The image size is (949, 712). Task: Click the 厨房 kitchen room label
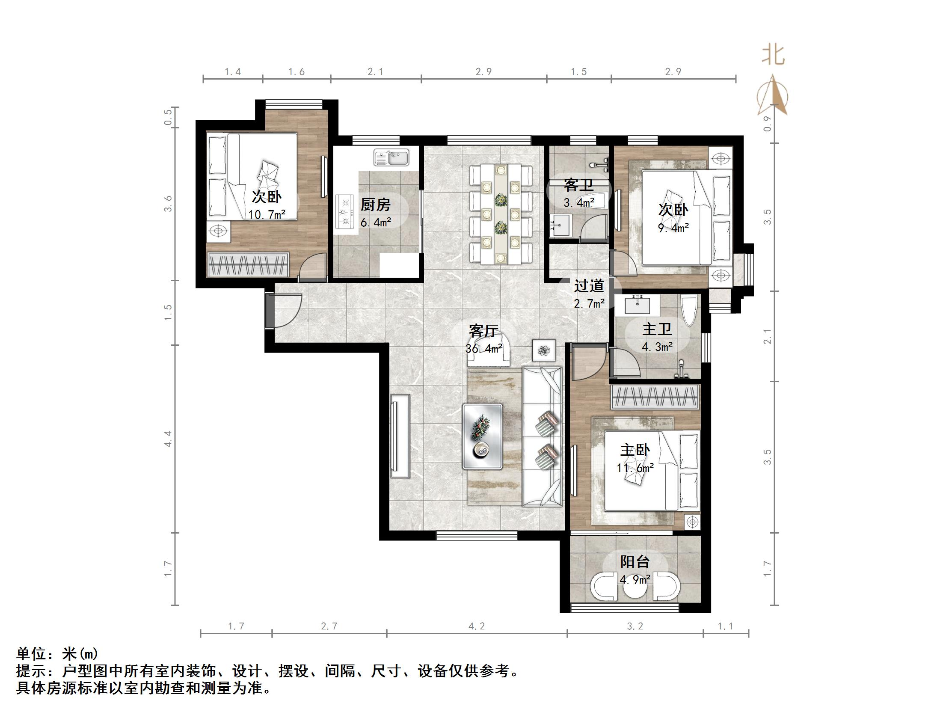pyautogui.click(x=375, y=205)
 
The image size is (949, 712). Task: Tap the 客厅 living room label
pyautogui.click(x=483, y=331)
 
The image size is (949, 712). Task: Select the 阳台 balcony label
pyautogui.click(x=635, y=562)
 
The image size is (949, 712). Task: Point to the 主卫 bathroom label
pyautogui.click(x=657, y=329)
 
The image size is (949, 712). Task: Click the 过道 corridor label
pyautogui.click(x=589, y=285)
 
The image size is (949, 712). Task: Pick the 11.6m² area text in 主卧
pyautogui.click(x=635, y=468)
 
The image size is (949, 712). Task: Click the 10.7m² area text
pyautogui.click(x=267, y=214)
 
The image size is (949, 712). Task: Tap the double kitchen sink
pyautogui.click(x=391, y=157)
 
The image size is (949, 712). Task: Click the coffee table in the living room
pyautogui.click(x=482, y=436)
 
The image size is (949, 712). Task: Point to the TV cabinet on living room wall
pyautogui.click(x=400, y=436)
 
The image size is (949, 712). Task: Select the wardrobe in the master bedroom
pyautogui.click(x=655, y=397)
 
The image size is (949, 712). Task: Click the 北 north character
pyautogui.click(x=773, y=56)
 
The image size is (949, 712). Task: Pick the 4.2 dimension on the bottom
pyautogui.click(x=476, y=626)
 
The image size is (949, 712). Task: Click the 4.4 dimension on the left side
pyautogui.click(x=168, y=439)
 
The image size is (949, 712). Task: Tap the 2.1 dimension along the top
pyautogui.click(x=375, y=72)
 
